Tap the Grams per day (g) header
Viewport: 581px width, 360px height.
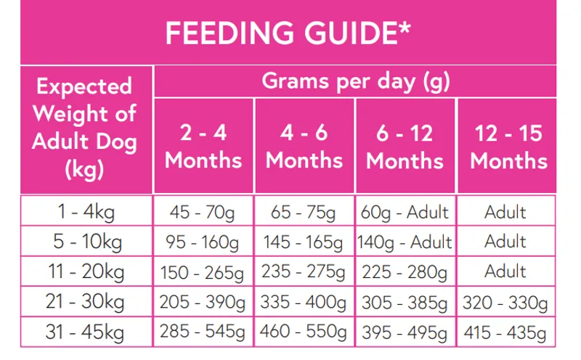coord(355,81)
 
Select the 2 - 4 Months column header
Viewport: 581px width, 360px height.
coord(203,146)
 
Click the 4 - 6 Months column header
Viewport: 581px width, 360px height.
coord(304,146)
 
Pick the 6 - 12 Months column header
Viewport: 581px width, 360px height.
coord(405,146)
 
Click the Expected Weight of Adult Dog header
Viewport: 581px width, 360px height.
coord(85,128)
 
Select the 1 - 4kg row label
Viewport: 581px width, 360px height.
coord(85,213)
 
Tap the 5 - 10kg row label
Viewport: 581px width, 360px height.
coord(85,242)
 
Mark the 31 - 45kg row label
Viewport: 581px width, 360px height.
coord(85,332)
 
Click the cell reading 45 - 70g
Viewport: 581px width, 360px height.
coord(203,213)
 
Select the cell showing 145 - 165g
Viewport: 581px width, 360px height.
coord(304,242)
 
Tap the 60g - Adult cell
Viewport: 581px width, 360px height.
coord(405,213)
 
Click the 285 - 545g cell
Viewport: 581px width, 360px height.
coord(203,332)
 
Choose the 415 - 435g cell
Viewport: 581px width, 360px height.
coord(506,332)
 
